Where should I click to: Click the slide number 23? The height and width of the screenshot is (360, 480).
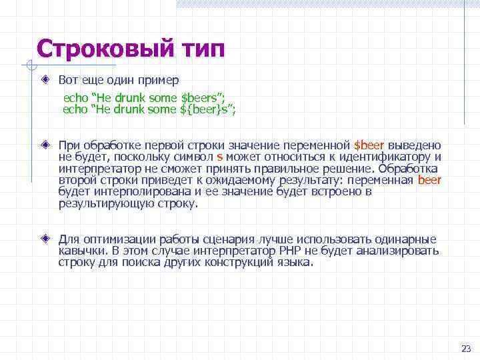coord(465,349)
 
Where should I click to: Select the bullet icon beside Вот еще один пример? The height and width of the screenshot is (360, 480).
coord(45,79)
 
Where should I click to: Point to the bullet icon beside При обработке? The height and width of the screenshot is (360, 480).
coord(45,145)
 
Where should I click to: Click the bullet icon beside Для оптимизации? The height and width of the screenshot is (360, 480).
coord(45,238)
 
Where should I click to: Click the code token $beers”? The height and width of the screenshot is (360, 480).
coord(205,97)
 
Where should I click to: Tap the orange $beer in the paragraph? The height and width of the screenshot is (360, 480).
coord(369,145)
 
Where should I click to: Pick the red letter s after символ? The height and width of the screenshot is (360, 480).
coord(220,157)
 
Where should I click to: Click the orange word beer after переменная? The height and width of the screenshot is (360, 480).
coord(429,181)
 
